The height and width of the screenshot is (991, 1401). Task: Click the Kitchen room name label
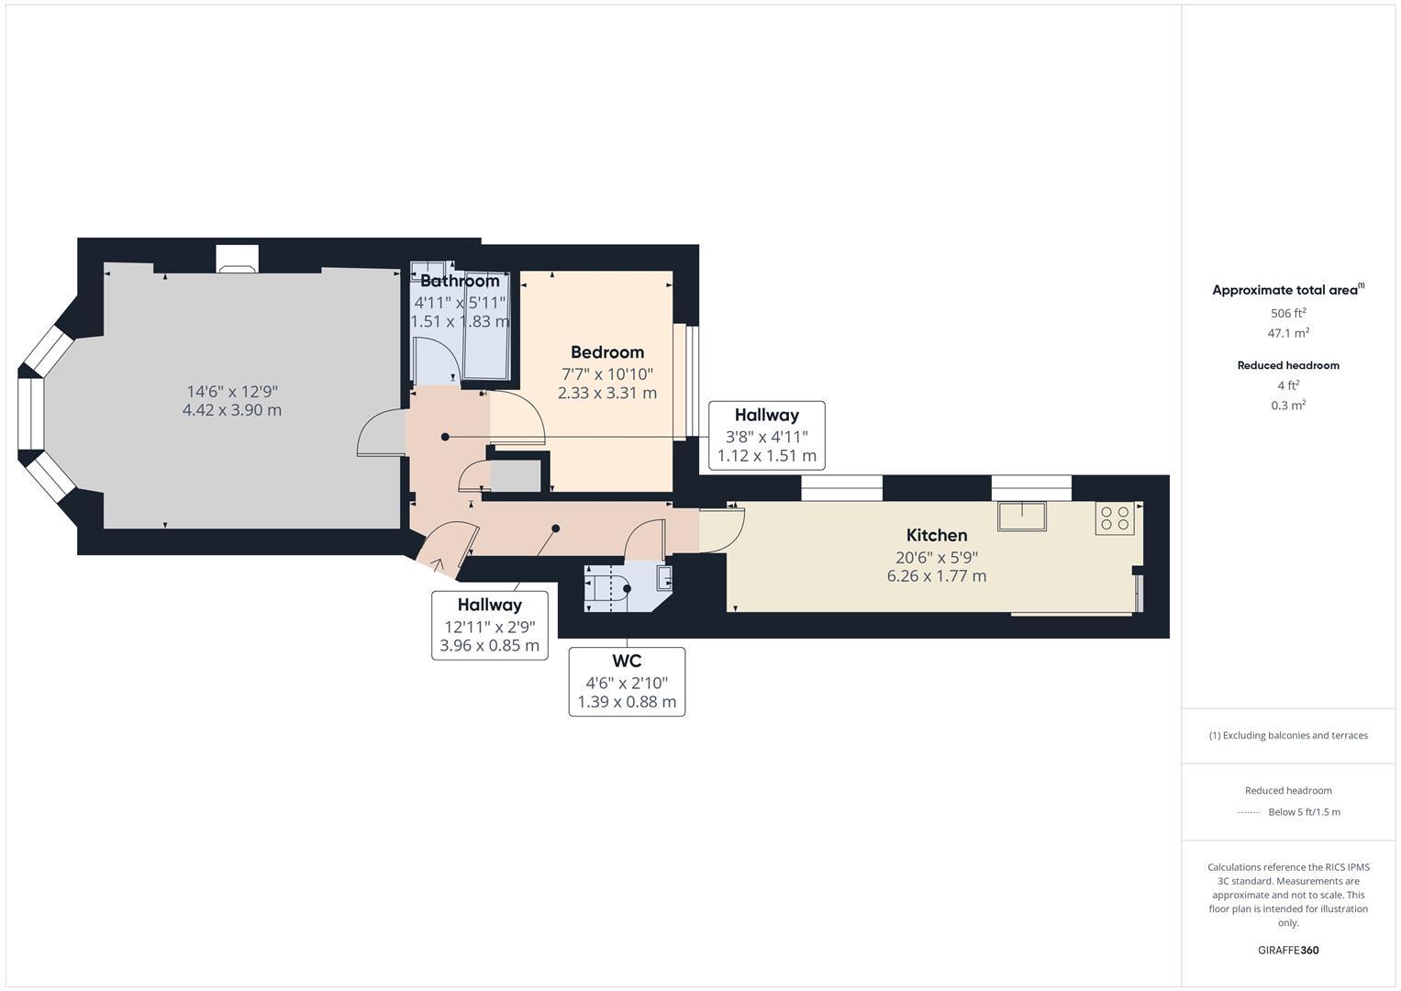point(936,535)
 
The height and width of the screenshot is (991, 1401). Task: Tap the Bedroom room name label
point(606,352)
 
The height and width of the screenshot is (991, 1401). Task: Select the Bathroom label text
point(459,281)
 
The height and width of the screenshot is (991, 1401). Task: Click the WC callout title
point(627,661)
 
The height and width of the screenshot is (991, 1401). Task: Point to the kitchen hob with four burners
point(1115,518)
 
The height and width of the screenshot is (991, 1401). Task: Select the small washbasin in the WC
point(664,577)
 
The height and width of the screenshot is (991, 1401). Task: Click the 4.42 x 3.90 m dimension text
point(232,410)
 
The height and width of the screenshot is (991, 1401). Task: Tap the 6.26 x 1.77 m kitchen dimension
point(936,576)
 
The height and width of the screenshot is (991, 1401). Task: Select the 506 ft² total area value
point(1287,313)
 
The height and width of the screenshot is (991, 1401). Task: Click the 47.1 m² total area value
point(1287,333)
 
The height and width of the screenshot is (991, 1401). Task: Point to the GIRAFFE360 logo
point(1287,950)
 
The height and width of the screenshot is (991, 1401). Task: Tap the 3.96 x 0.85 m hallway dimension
point(489,645)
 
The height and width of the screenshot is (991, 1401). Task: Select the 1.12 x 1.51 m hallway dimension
point(766,456)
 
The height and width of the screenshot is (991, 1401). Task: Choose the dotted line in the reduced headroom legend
point(1249,812)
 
